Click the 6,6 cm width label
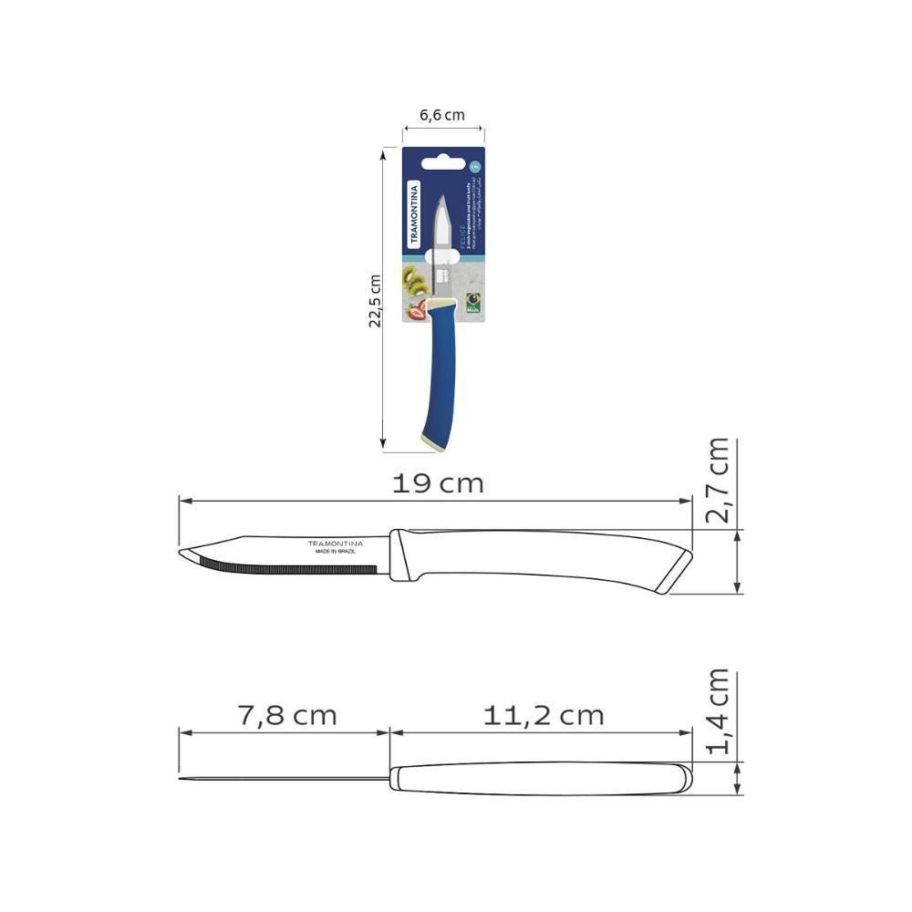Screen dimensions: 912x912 tap(442, 115)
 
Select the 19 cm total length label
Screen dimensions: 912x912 tap(438, 484)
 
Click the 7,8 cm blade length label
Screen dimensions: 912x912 tap(287, 716)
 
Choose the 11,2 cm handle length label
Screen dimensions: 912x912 tap(544, 716)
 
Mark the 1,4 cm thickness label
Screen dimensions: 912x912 tap(718, 712)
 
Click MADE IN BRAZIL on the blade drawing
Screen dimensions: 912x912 tap(334, 552)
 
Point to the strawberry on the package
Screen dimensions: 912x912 tap(418, 311)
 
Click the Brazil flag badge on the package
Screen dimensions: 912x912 tap(473, 303)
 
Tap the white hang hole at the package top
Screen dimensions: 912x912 tap(443, 156)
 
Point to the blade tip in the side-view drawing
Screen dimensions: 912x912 tap(183, 553)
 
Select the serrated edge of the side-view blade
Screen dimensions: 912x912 tap(292, 568)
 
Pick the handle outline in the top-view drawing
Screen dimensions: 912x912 tap(538, 778)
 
